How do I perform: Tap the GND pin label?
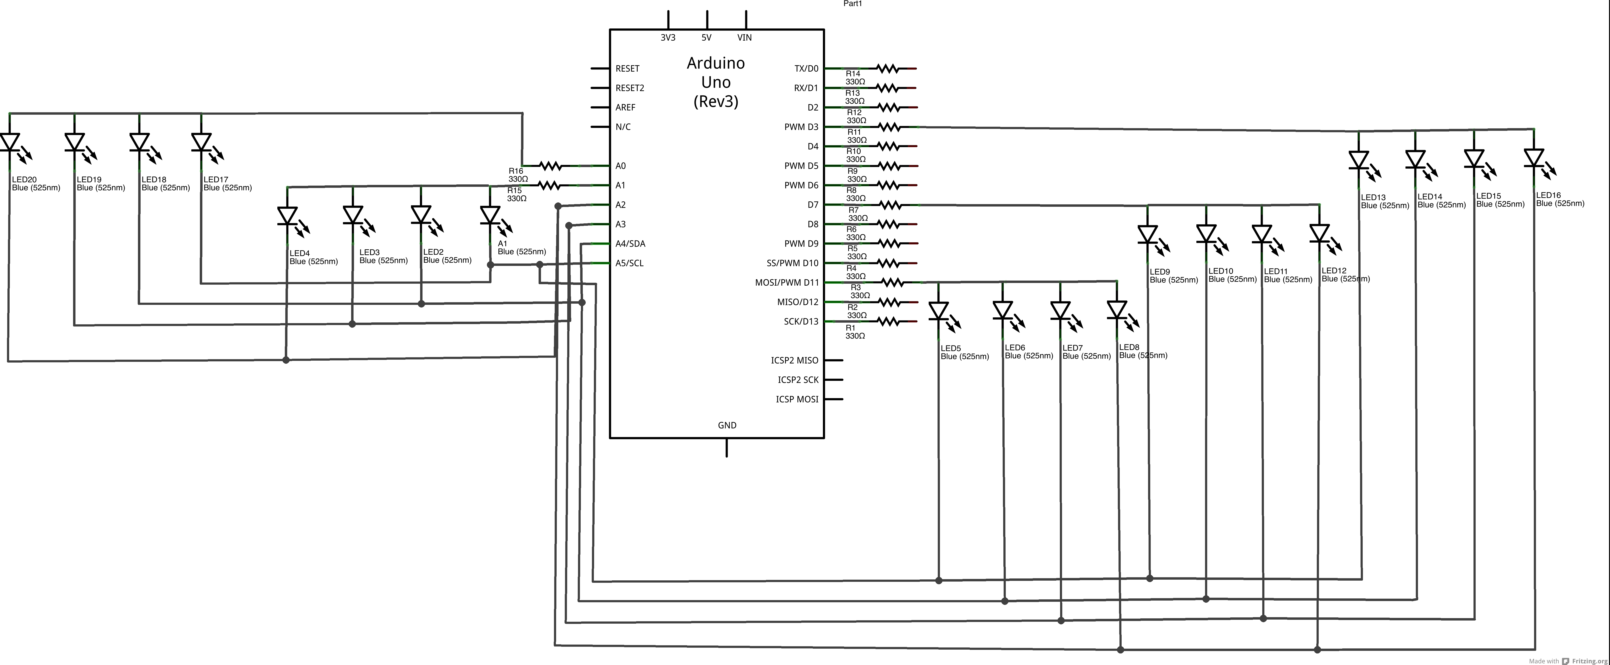point(727,425)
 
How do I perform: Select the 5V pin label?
point(706,38)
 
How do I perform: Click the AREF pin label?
point(625,107)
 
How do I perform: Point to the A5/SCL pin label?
point(629,263)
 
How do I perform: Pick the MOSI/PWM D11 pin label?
point(786,282)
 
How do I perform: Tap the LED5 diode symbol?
point(939,311)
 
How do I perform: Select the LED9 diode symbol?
point(1148,234)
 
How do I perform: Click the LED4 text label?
point(299,253)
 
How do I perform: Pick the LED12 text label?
point(1334,271)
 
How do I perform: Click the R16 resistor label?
point(516,171)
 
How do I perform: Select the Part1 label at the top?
point(852,4)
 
